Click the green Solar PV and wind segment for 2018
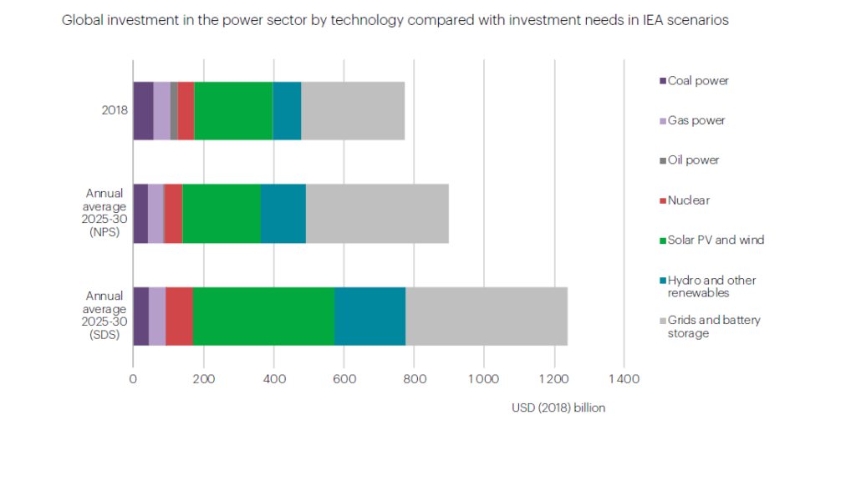tap(233, 110)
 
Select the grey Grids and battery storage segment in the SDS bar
tap(486, 316)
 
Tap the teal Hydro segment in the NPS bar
tap(283, 213)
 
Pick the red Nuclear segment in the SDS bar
tap(179, 316)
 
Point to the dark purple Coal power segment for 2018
tap(143, 110)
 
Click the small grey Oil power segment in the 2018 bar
tap(174, 110)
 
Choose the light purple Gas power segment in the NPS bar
tap(155, 213)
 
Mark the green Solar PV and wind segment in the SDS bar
tap(263, 316)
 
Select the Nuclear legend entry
tap(689, 200)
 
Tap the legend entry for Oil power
tap(693, 160)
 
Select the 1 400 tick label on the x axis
tap(623, 379)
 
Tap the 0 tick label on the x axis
tap(133, 379)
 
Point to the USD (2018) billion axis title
tap(558, 408)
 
